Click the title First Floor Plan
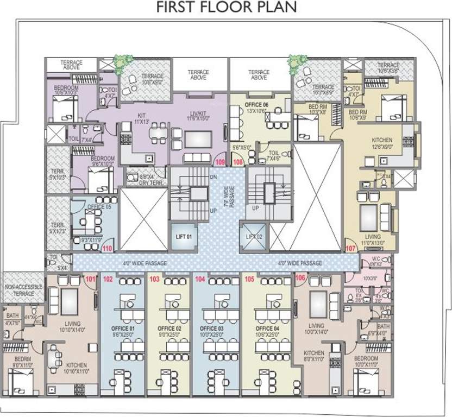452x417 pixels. click(227, 8)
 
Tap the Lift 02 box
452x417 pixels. click(254, 237)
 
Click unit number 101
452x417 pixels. click(90, 280)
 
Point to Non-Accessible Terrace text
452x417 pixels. click(22, 290)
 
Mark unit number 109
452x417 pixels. click(220, 161)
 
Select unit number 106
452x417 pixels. click(300, 278)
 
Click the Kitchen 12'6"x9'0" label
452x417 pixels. click(386, 142)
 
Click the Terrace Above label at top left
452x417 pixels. click(71, 65)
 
